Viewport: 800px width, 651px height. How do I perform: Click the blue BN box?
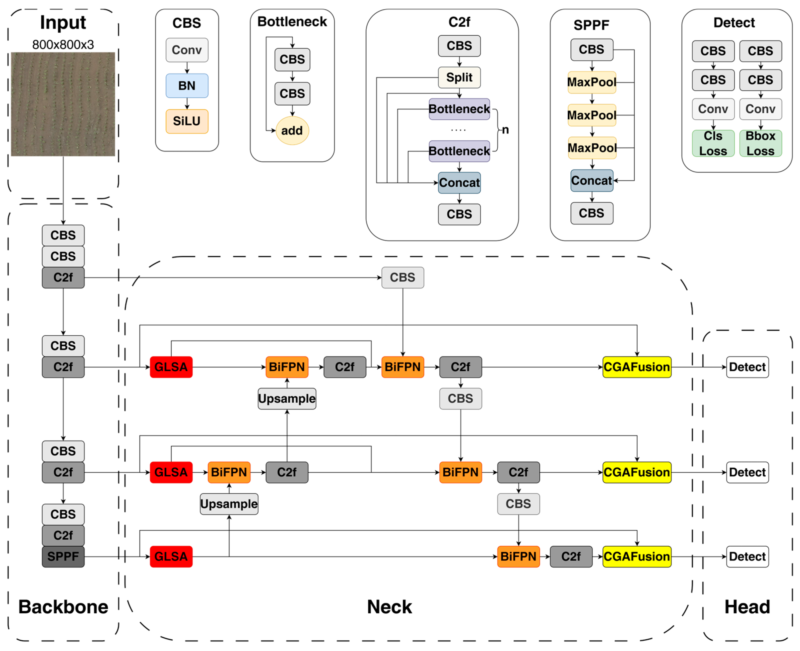coord(187,85)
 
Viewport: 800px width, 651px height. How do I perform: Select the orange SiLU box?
coord(187,121)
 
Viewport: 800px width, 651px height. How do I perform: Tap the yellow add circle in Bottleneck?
coord(292,131)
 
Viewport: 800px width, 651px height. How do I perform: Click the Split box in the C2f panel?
coord(459,77)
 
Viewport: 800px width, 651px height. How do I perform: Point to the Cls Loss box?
coord(713,143)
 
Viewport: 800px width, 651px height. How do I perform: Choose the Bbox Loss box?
coord(760,143)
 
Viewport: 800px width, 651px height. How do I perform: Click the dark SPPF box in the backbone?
coord(63,557)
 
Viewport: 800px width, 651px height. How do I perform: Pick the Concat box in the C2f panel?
coord(459,183)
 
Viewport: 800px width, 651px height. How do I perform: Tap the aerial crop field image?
coord(63,104)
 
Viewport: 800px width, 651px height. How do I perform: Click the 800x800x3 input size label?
coord(63,45)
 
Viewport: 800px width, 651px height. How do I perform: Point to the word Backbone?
coord(63,607)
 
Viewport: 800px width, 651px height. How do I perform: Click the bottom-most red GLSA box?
coord(171,557)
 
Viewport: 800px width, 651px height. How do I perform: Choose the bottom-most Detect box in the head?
coord(747,557)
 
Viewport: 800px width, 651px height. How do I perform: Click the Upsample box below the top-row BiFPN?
coord(287,399)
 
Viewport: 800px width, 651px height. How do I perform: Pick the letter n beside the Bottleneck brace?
coord(505,130)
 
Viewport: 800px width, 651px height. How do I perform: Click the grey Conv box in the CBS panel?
coord(187,50)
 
